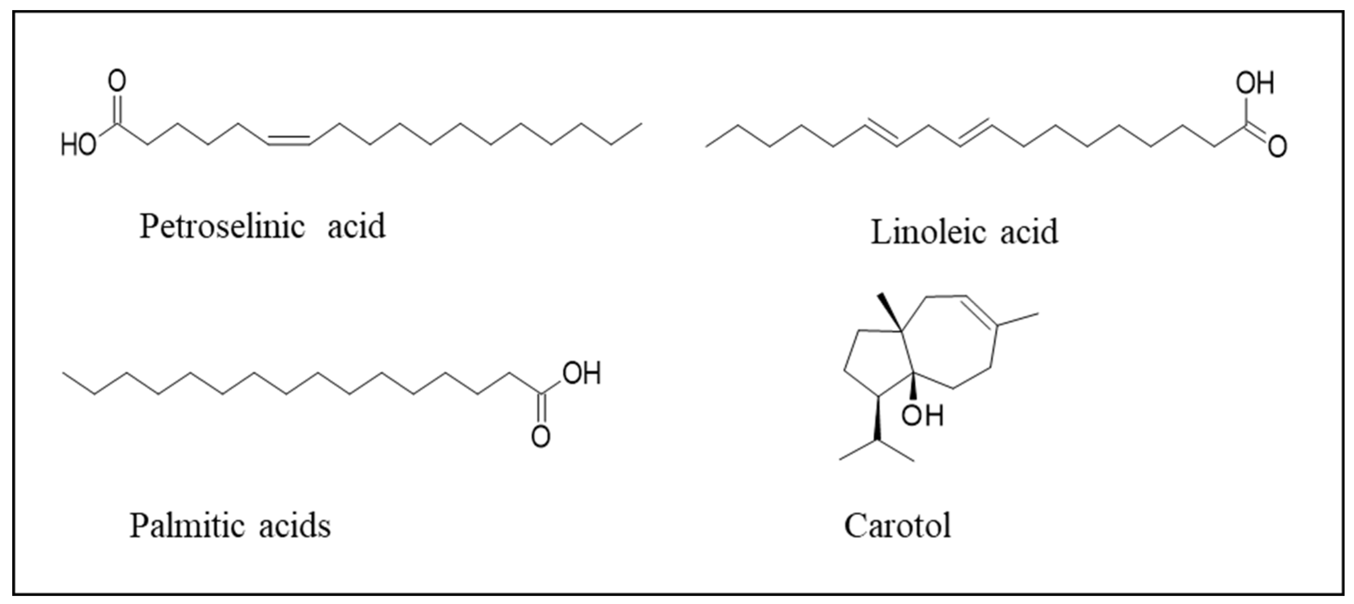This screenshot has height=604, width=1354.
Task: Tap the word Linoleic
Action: (923, 232)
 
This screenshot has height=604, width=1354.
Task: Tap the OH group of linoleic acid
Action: (1255, 84)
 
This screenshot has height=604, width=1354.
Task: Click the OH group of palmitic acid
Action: (581, 373)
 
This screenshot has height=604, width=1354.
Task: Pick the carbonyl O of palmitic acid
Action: (541, 437)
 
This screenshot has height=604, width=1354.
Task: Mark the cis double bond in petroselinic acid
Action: (289, 139)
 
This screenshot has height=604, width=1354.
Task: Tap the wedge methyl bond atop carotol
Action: (889, 313)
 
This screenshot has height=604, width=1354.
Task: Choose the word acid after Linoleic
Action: (1029, 232)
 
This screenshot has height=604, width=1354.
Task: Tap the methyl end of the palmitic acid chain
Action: (65, 373)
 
